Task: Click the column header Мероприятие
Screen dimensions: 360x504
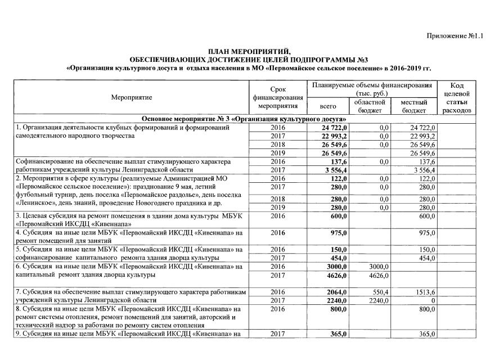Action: pos(131,98)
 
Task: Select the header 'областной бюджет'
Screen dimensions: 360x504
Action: pos(369,106)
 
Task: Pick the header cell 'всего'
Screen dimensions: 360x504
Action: pos(328,106)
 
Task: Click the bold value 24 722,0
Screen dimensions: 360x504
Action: pos(335,128)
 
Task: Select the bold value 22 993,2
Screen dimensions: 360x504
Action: pos(335,137)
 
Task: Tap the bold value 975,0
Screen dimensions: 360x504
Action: pos(339,232)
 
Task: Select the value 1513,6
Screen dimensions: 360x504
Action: pos(425,293)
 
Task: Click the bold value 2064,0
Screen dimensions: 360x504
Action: pos(337,293)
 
